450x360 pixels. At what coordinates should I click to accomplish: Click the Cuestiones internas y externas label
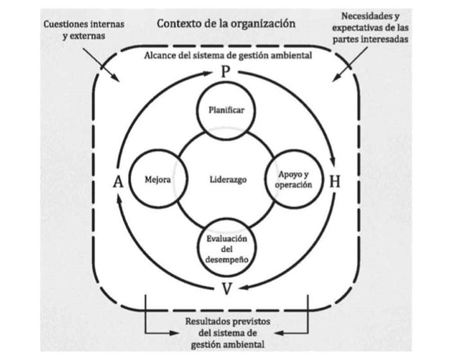[84, 30]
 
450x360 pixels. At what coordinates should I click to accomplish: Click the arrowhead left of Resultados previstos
[172, 332]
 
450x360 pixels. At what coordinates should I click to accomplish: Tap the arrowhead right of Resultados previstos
[279, 332]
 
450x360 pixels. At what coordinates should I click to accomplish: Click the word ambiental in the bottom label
[242, 345]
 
